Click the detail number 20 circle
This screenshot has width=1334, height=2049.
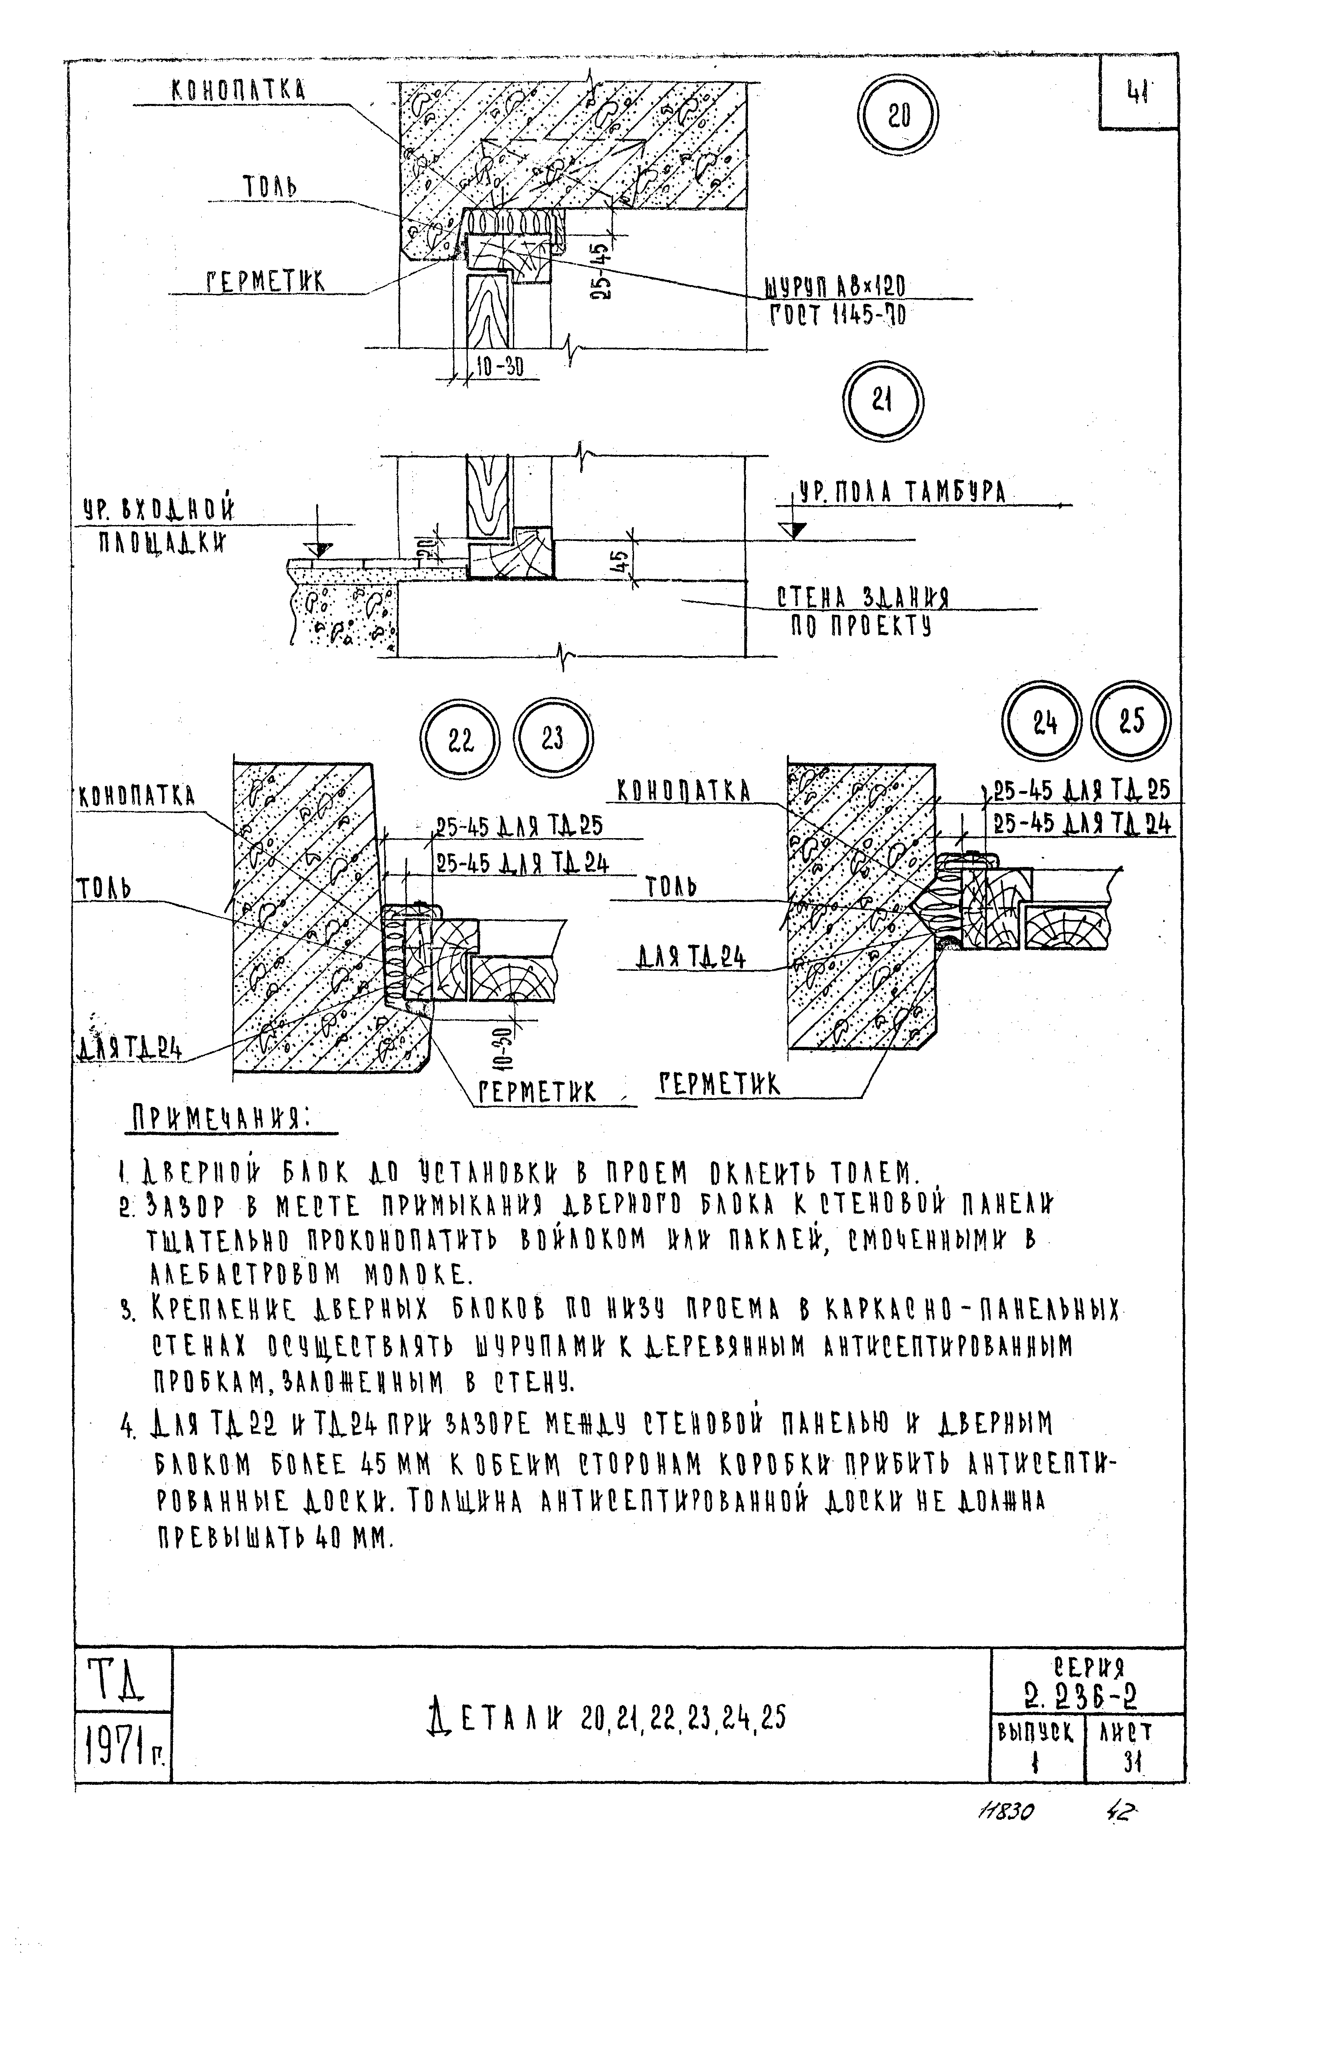pyautogui.click(x=898, y=116)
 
